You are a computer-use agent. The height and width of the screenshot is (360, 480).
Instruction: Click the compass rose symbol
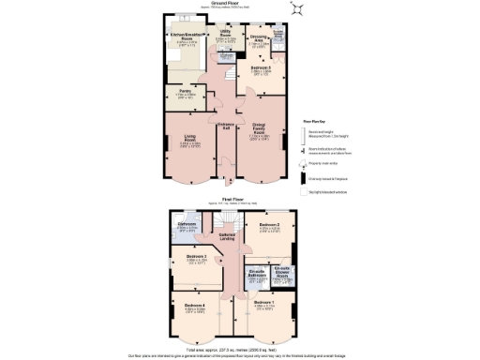tap(298, 8)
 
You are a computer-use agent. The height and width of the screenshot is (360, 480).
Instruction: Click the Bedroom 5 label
tap(262, 68)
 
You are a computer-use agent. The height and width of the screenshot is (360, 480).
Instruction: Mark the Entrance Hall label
tap(225, 124)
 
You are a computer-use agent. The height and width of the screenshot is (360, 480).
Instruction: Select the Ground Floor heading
tap(224, 3)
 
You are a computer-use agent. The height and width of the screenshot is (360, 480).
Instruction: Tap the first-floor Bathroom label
tap(187, 225)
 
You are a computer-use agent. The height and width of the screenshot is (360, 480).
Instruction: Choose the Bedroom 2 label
tap(270, 225)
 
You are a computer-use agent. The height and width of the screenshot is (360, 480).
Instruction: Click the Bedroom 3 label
tap(196, 256)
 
